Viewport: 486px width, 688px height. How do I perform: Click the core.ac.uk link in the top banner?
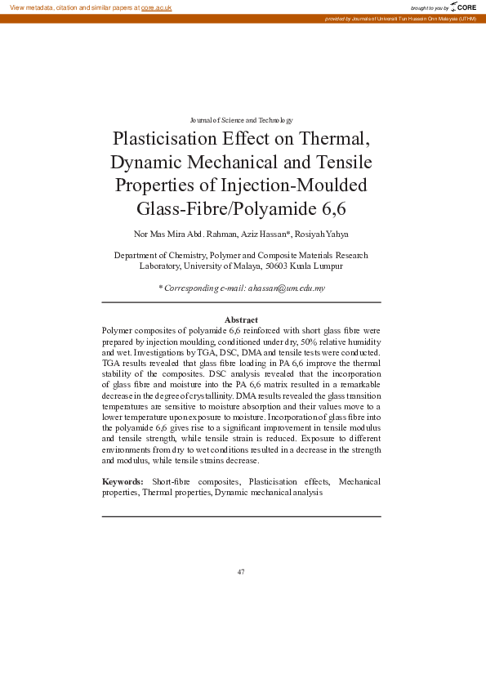click(155, 7)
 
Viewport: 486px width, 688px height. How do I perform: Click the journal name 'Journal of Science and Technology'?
click(241, 120)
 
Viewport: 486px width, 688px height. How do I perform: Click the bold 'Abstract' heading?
click(241, 319)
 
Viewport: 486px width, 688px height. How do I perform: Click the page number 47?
click(241, 571)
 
